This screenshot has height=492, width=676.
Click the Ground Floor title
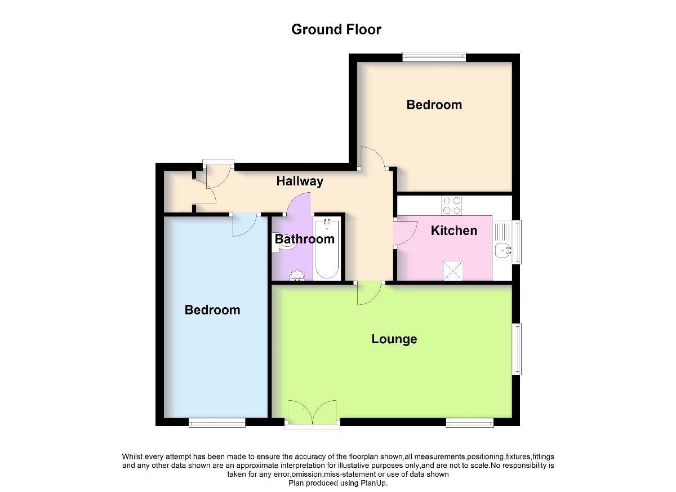(336, 30)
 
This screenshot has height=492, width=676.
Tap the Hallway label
(300, 181)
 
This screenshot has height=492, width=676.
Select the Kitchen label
(454, 231)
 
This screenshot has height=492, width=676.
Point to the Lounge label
(394, 339)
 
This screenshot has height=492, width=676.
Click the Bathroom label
(305, 239)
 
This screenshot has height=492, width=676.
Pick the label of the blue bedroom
(212, 310)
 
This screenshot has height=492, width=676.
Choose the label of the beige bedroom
(434, 105)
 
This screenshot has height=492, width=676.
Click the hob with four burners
(452, 205)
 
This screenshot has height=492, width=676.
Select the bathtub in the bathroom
(327, 248)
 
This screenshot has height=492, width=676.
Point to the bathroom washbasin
(297, 275)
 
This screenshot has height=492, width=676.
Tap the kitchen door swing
(405, 233)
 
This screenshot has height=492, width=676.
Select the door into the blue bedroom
(244, 224)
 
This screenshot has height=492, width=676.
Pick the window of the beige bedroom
(434, 57)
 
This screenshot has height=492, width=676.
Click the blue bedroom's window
(217, 423)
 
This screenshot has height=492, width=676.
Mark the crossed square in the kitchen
(452, 271)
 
